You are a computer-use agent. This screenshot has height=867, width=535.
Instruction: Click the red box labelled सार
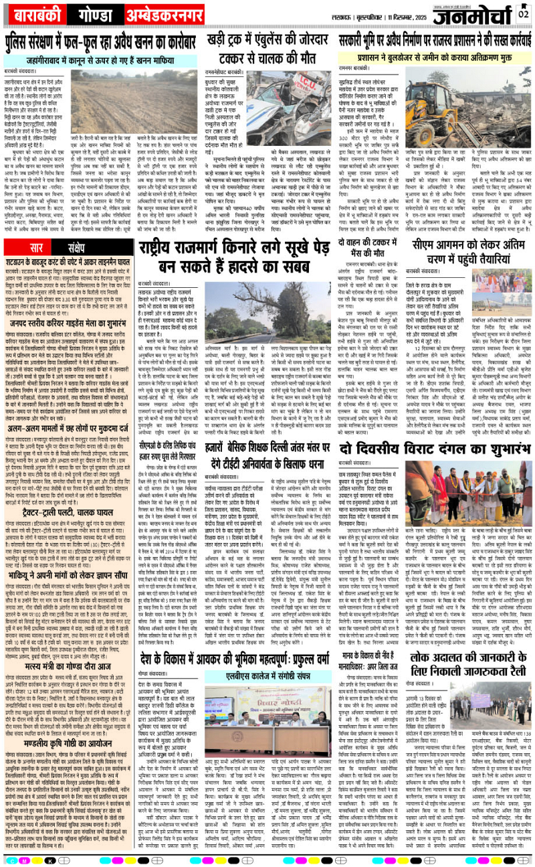point(37,229)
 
